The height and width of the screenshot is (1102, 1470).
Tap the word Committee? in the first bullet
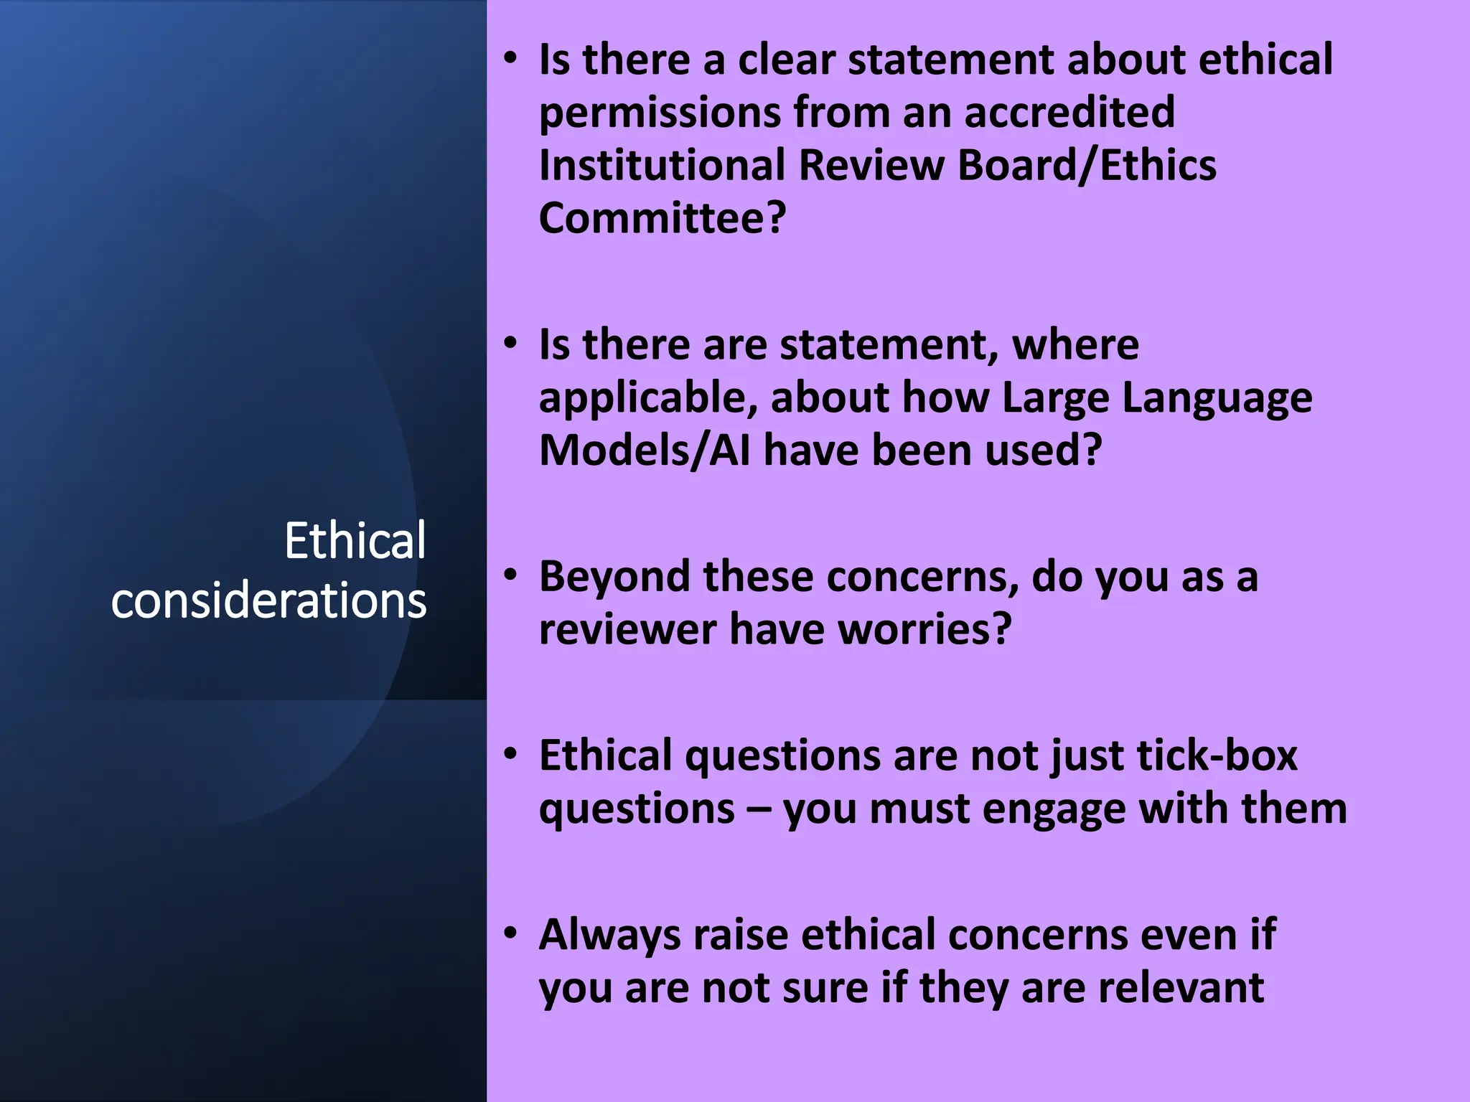tap(663, 218)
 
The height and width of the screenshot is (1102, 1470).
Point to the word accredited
tap(1069, 113)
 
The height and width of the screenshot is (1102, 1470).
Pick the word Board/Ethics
tap(1087, 165)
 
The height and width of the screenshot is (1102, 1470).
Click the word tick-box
tap(1217, 755)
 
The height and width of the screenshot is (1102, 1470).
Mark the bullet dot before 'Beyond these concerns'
tap(510, 575)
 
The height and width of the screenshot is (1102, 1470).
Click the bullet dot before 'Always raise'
tap(510, 933)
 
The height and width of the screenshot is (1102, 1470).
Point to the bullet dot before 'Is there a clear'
tap(510, 57)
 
